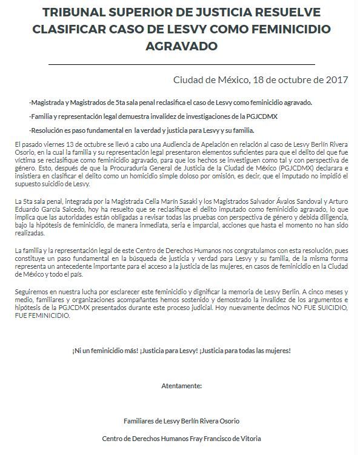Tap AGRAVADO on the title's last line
point(180,47)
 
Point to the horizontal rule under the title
point(180,64)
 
